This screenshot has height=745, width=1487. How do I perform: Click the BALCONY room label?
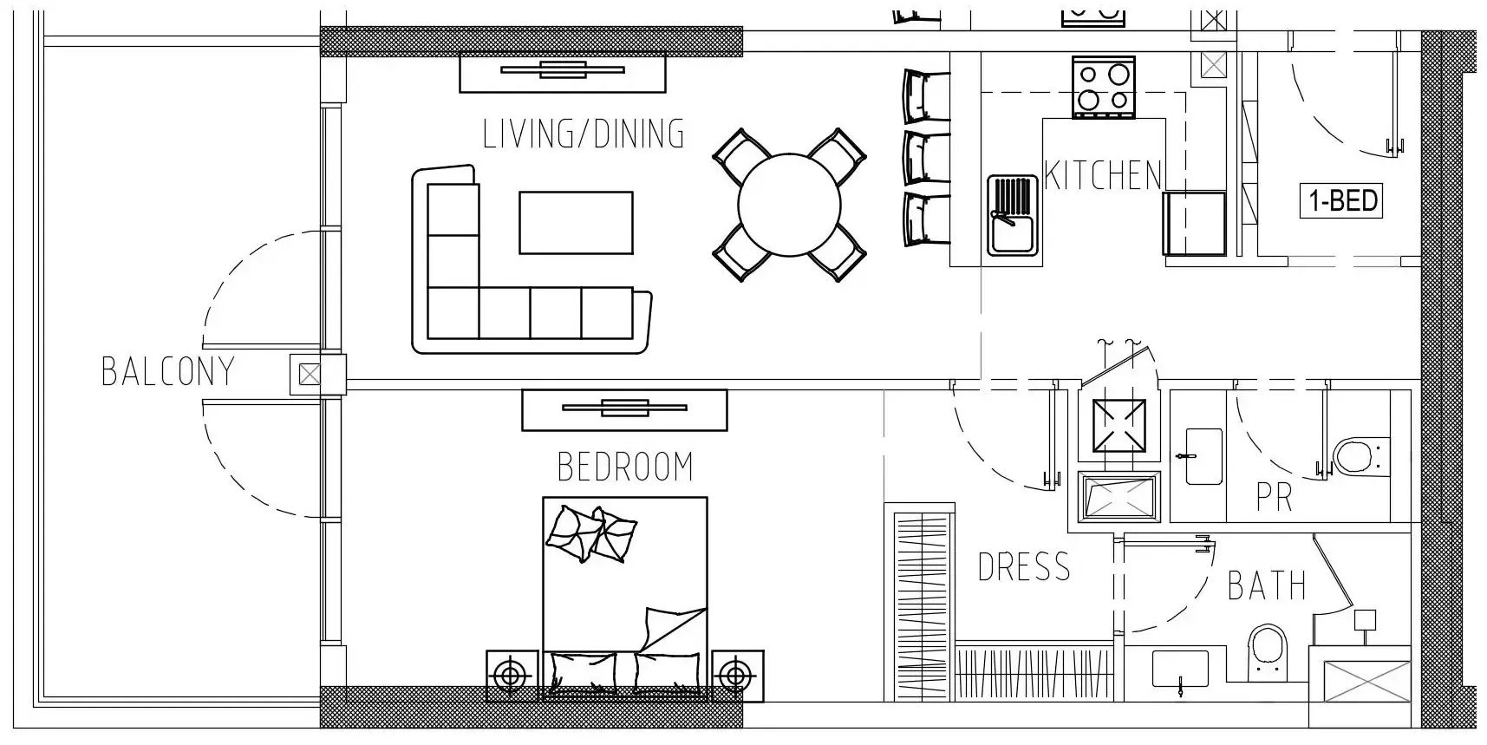168,371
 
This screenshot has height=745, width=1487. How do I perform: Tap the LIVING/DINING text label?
584,134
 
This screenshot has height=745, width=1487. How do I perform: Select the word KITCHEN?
1103,176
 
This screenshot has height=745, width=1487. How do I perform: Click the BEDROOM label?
625,467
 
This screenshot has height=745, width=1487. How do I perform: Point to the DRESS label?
1024,567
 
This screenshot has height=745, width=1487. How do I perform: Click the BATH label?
1267,586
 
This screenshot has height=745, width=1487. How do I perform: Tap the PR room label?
1275,498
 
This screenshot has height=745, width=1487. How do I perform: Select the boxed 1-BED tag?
1342,201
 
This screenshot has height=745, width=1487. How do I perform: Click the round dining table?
789,205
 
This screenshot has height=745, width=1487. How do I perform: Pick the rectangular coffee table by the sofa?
576,223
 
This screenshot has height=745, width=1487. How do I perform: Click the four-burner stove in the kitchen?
1103,87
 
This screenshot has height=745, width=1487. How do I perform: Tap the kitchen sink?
1013,215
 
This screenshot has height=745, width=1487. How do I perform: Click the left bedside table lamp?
512,675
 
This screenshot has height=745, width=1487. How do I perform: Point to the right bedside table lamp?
736,675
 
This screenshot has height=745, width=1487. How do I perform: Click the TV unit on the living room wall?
562,72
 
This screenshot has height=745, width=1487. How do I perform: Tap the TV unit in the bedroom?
624,409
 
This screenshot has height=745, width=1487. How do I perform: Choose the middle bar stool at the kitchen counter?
926,158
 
